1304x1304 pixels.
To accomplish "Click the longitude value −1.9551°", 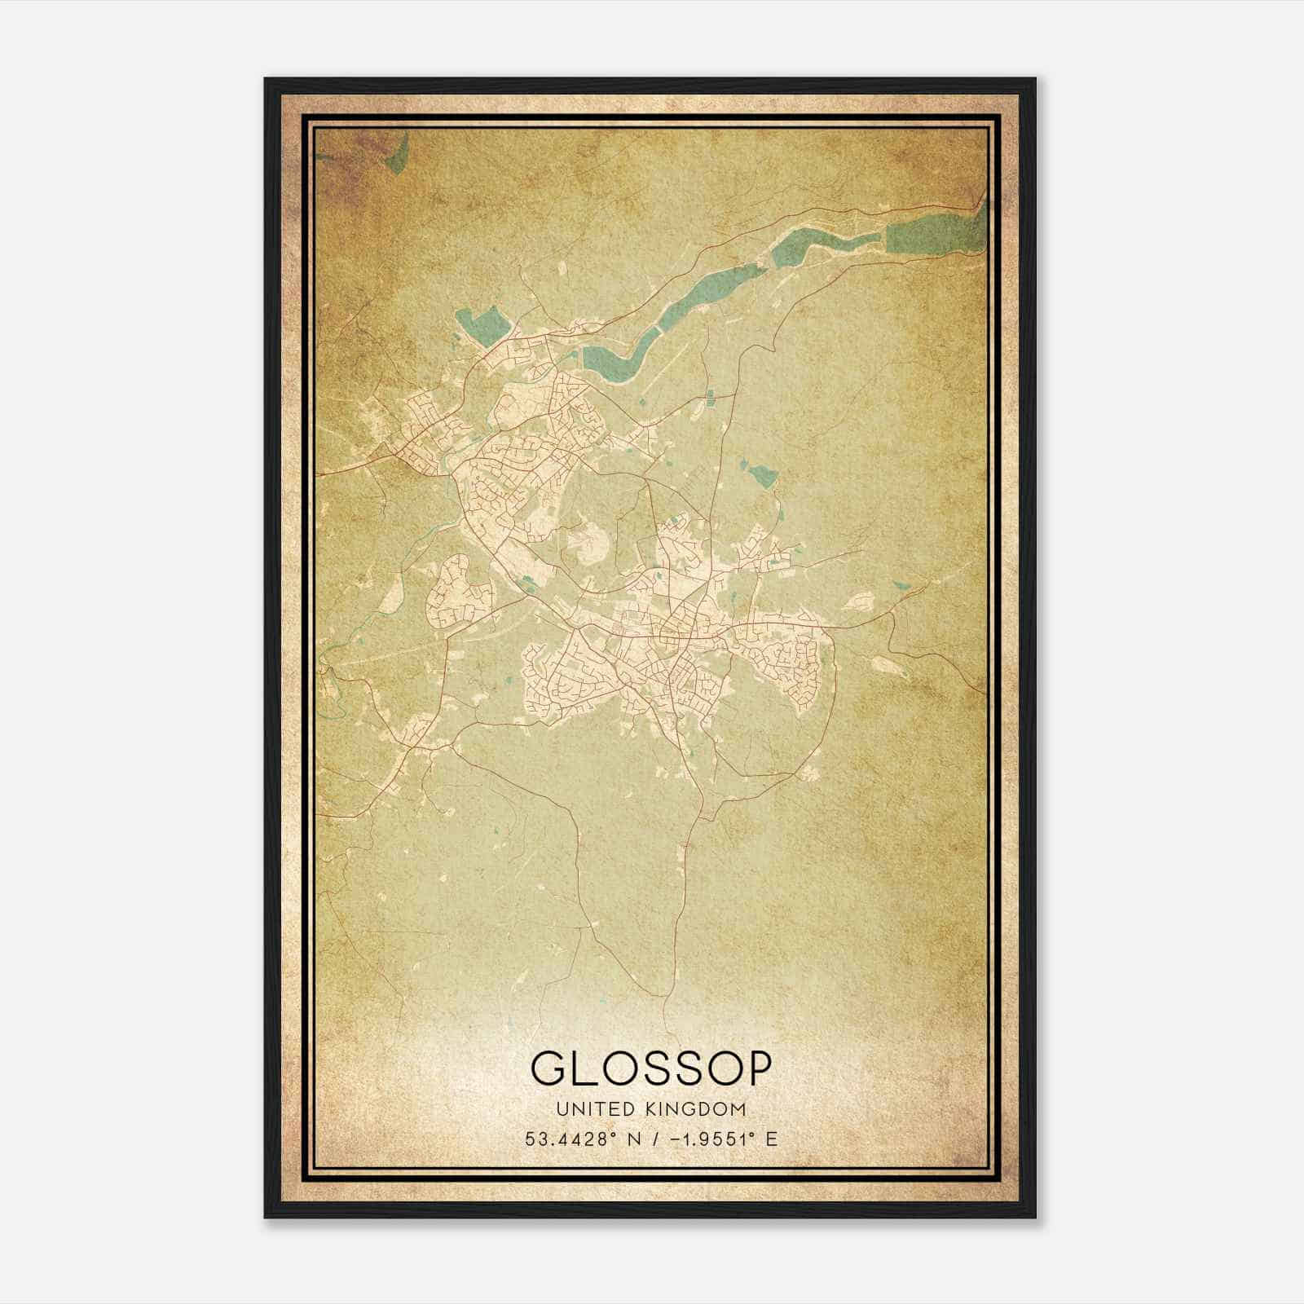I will (705, 1139).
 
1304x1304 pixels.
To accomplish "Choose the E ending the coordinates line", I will (771, 1139).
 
